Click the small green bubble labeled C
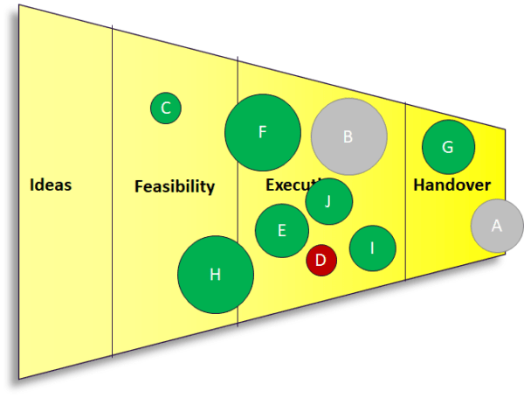[x=165, y=108]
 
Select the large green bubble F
[x=263, y=133]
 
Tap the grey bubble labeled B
[x=349, y=136]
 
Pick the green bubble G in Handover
[x=448, y=147]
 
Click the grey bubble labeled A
[x=497, y=226]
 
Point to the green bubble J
[x=329, y=201]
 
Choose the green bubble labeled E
[x=282, y=231]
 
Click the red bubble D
[x=321, y=260]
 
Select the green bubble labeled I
[x=373, y=248]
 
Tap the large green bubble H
[x=216, y=275]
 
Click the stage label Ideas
[x=51, y=185]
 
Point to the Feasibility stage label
[x=175, y=186]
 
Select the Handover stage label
[x=452, y=185]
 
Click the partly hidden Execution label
[x=286, y=185]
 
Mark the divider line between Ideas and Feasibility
[x=113, y=262]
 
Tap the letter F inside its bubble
[x=262, y=133]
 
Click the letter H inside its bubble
[x=216, y=276]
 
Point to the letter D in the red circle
[x=321, y=260]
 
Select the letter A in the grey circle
[x=497, y=226]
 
